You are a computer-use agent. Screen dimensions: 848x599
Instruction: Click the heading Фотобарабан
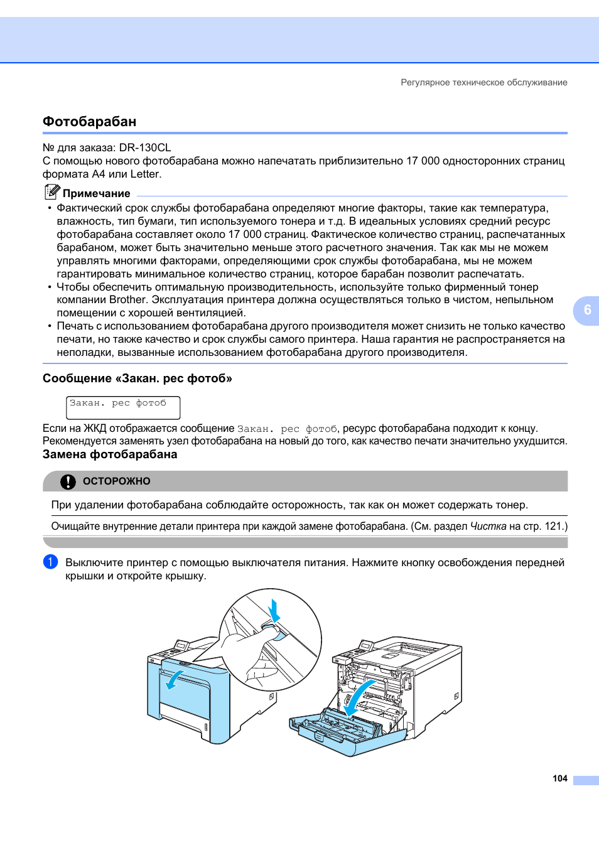click(89, 122)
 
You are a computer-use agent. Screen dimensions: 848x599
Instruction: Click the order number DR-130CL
click(145, 148)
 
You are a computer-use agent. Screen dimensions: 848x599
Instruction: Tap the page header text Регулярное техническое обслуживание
click(483, 82)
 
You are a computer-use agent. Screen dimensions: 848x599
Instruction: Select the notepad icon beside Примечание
click(52, 192)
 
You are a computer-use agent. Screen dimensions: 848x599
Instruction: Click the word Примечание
click(97, 194)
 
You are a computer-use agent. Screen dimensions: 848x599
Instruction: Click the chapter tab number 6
click(587, 310)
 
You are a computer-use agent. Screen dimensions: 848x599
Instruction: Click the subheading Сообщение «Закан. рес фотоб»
click(138, 378)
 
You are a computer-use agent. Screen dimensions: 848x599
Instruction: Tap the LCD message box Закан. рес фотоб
click(123, 407)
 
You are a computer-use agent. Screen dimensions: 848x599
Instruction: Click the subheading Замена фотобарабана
click(110, 454)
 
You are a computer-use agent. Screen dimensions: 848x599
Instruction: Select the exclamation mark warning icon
click(68, 481)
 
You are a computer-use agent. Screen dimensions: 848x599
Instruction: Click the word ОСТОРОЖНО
click(117, 481)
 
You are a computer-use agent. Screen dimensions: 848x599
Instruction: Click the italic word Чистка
click(488, 527)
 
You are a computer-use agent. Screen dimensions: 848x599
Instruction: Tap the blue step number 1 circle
click(50, 562)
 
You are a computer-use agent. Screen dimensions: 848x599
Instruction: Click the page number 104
click(559, 778)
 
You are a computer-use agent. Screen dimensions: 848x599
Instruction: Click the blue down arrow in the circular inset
click(274, 610)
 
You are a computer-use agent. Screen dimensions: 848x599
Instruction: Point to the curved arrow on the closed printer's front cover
click(173, 679)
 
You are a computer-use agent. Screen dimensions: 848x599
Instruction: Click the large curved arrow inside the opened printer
click(359, 696)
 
